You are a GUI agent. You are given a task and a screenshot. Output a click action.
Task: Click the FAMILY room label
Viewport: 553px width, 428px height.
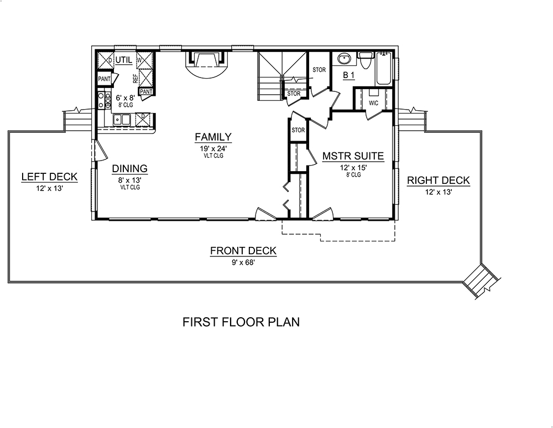coord(212,137)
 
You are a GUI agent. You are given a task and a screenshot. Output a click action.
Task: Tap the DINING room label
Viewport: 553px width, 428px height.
coord(129,169)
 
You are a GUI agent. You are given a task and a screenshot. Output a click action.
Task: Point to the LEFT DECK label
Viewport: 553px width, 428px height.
coord(49,177)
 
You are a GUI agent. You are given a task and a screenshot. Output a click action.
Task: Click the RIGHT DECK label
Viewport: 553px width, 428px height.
coord(438,180)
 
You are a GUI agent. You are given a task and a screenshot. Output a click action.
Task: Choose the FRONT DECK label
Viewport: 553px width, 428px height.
coord(243,251)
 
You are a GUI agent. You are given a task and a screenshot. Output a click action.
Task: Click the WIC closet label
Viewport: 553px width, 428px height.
coord(373,103)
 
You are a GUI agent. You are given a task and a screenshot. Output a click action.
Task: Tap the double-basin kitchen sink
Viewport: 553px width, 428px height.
coord(122,118)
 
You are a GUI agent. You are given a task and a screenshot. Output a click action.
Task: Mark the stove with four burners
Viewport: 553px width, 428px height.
coord(102,100)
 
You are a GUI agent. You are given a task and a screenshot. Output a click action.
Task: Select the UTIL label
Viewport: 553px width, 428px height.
coord(124,59)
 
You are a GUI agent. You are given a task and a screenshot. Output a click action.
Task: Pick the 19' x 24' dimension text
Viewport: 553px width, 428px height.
coord(212,148)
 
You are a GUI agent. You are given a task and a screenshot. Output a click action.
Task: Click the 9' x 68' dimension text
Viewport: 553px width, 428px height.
coord(243,263)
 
